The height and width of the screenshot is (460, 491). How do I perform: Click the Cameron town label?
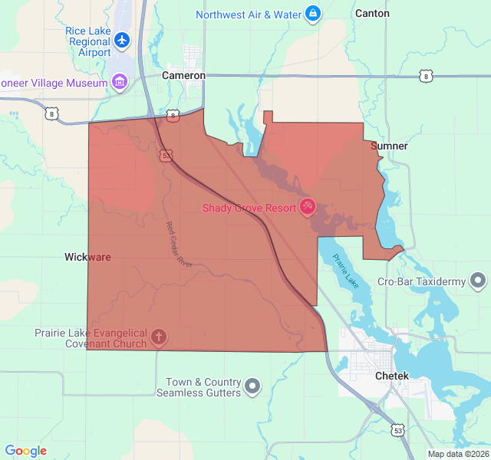point(183,76)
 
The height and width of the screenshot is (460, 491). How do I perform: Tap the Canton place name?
point(372,14)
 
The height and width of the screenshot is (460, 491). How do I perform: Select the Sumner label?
point(389,146)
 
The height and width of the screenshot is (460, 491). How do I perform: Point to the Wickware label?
point(87,257)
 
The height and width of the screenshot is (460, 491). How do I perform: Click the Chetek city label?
point(392,376)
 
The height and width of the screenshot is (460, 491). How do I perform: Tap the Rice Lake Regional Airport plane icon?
point(122,38)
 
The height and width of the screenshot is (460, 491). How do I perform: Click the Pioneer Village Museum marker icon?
point(119,80)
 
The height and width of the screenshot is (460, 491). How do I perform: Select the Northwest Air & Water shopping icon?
point(313,14)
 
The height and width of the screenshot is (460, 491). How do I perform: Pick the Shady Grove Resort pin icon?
point(307,206)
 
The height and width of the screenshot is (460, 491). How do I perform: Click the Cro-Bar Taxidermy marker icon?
point(478,281)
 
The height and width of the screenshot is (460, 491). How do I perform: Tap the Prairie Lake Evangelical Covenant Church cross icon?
point(159,337)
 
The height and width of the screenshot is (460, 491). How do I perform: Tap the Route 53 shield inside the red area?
point(166,155)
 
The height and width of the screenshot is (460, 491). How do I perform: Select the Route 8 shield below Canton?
point(425,76)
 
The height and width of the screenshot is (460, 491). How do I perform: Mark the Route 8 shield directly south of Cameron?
point(173,116)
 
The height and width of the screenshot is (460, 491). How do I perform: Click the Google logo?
point(25,451)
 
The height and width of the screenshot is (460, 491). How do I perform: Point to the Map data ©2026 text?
point(458,454)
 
